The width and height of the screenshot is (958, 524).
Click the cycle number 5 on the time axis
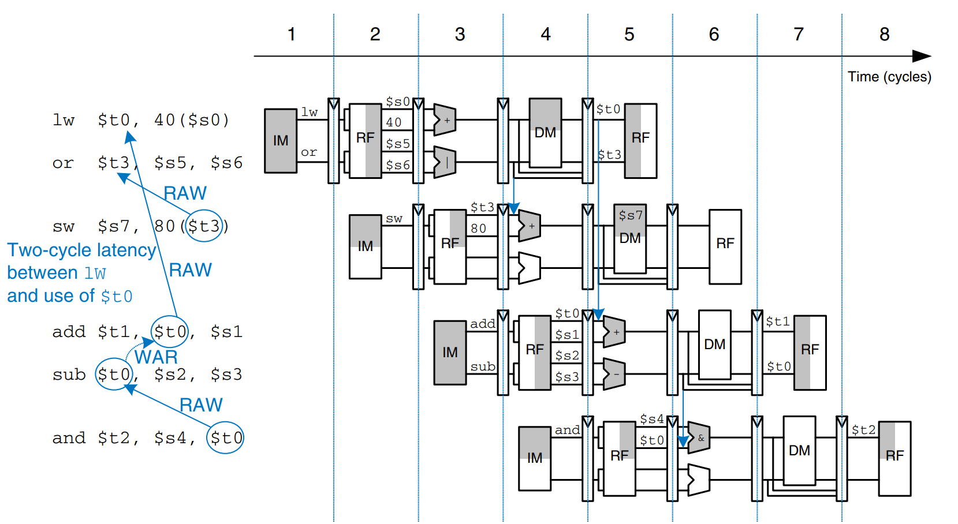click(x=629, y=35)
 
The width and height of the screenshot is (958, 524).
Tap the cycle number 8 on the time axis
click(x=884, y=35)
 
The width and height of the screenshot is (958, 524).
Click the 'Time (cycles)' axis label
click(x=889, y=77)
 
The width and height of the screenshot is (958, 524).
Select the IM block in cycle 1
click(x=281, y=141)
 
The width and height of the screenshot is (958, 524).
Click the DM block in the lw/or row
click(x=545, y=133)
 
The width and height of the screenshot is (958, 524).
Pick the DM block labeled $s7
click(x=630, y=238)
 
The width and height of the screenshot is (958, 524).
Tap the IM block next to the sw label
click(x=365, y=246)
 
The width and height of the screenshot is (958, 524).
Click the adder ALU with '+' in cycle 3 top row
click(x=445, y=120)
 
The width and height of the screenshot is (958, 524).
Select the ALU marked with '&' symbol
click(x=699, y=438)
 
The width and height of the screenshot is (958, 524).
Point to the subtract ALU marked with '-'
click(x=614, y=374)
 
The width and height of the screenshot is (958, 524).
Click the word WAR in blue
click(x=156, y=357)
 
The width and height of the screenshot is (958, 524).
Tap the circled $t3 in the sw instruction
click(x=204, y=226)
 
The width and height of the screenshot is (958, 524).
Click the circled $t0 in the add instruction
click(x=170, y=332)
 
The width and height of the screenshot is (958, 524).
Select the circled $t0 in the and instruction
click(x=225, y=438)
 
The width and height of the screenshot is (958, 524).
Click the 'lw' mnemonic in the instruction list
click(x=64, y=120)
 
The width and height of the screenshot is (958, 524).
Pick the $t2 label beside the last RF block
click(x=863, y=430)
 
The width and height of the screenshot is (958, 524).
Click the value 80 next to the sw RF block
click(x=478, y=229)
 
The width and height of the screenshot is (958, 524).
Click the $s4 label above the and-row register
click(x=651, y=419)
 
